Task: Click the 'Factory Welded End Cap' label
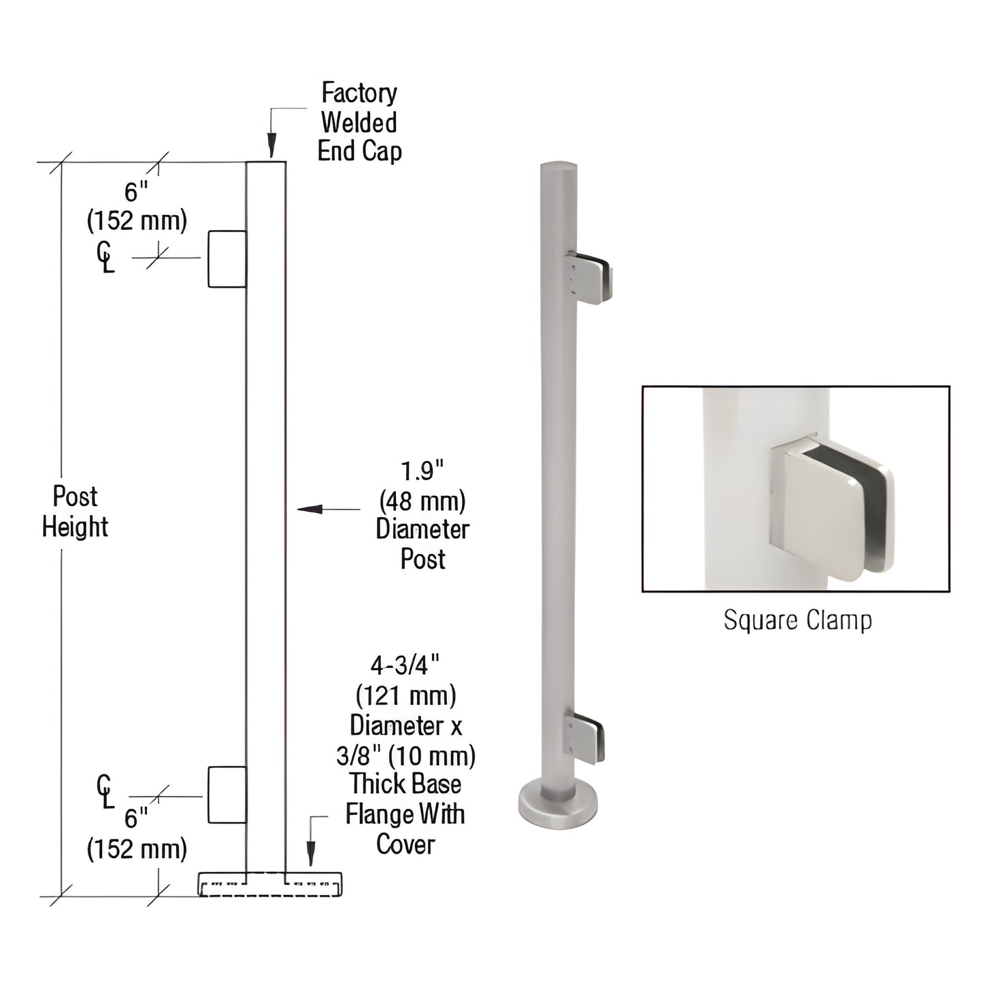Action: point(359,122)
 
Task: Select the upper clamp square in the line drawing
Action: point(227,259)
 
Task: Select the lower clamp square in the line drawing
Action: point(227,795)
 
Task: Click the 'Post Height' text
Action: point(75,512)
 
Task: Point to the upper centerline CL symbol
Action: point(105,259)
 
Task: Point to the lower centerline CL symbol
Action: point(105,793)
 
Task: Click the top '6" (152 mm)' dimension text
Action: point(136,207)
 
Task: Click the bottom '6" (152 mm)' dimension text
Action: point(136,834)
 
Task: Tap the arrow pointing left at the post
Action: point(310,509)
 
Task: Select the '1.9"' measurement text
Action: point(422,471)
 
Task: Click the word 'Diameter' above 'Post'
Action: point(422,529)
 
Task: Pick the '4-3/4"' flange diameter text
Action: point(405,664)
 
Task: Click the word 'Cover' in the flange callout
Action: point(405,844)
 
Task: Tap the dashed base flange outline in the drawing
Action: point(270,884)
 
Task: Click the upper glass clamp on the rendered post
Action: point(589,277)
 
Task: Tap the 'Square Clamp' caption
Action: point(797,620)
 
